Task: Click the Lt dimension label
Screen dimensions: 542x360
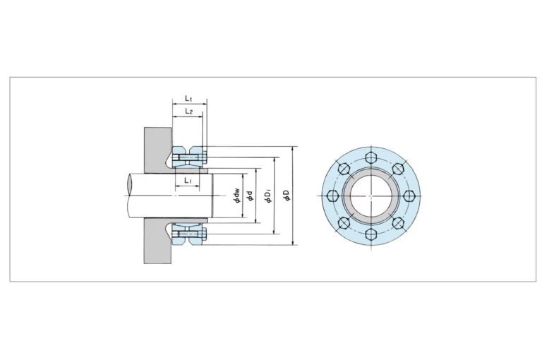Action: click(188, 99)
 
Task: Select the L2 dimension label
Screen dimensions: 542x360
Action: click(188, 111)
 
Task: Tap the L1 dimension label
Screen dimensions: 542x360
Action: click(187, 180)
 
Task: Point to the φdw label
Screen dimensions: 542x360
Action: click(237, 196)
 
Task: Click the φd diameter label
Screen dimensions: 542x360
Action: click(251, 196)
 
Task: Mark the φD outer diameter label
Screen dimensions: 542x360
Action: click(287, 196)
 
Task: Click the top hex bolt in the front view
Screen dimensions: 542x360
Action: click(371, 157)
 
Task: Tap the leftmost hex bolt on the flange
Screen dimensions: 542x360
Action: click(332, 196)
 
